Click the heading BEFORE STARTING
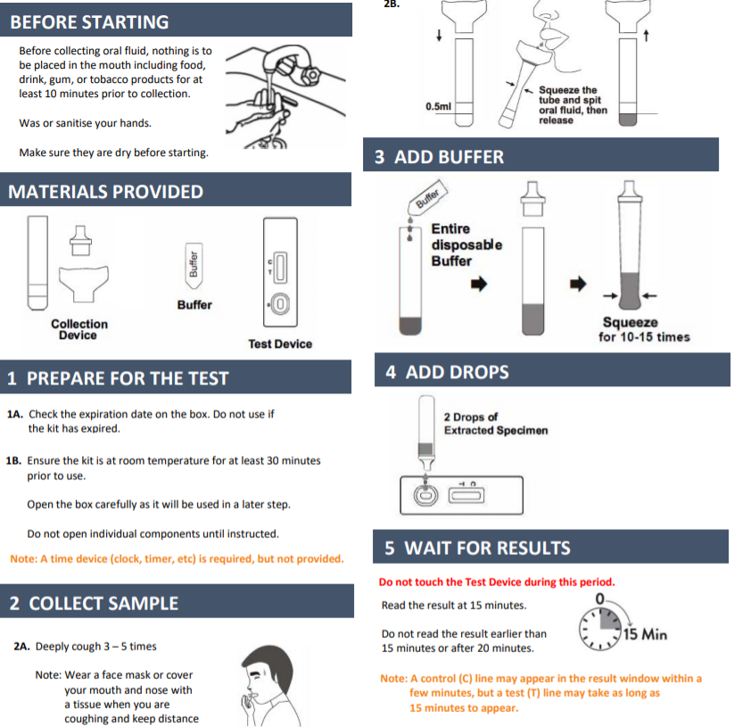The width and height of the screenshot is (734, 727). (89, 22)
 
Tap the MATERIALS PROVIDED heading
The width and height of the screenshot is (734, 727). (106, 192)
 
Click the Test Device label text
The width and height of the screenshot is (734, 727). (280, 344)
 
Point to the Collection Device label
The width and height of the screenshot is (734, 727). (79, 329)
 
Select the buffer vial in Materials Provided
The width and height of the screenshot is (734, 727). (194, 266)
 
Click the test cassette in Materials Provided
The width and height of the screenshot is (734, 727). (280, 272)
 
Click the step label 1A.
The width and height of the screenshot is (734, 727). (15, 414)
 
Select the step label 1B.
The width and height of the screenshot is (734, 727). (13, 461)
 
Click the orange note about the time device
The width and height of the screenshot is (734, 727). (177, 559)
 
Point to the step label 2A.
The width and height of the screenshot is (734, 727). (21, 647)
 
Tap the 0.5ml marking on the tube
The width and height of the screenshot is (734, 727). (438, 107)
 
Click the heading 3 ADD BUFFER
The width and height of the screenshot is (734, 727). (439, 157)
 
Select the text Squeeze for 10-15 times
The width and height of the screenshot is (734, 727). (644, 329)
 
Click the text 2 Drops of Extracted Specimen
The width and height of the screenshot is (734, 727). (496, 424)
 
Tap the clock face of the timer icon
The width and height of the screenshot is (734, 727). (600, 630)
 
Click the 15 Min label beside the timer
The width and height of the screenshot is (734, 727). (645, 634)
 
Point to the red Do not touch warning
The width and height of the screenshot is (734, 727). (497, 582)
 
